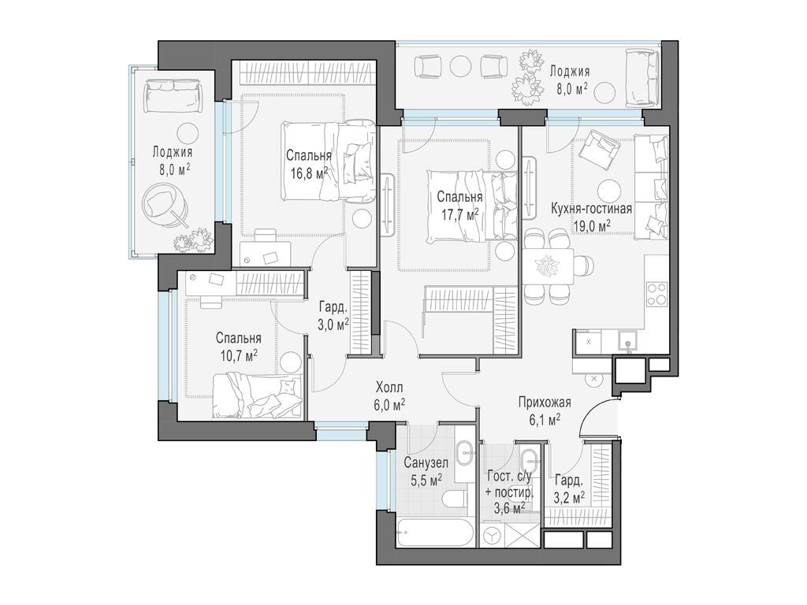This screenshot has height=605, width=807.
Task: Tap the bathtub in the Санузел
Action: point(435,532)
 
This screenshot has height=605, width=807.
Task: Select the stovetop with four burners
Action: point(656,294)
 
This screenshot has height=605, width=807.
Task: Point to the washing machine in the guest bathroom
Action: point(493,536)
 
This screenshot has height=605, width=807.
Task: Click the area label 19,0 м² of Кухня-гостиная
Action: point(592,225)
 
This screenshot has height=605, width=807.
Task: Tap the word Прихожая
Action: point(544,403)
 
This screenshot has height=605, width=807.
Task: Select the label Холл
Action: point(389,387)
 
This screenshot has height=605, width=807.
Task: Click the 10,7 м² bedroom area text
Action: point(239,355)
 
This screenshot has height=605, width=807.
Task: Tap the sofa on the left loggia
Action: point(173,95)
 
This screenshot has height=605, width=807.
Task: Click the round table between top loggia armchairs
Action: point(461,66)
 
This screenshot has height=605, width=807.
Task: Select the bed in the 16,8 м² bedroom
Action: point(329,161)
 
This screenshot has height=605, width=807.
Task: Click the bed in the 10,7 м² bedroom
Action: point(257,396)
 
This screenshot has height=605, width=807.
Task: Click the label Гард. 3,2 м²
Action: point(569,488)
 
